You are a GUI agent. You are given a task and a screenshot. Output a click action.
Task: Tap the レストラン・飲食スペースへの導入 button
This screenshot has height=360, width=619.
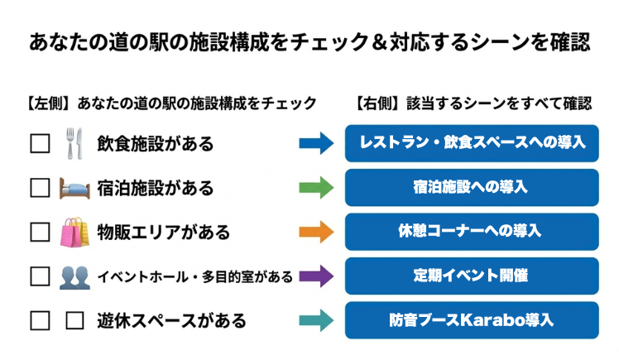tap(471, 142)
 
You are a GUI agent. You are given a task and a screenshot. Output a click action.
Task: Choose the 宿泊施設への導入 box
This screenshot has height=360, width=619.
tap(471, 187)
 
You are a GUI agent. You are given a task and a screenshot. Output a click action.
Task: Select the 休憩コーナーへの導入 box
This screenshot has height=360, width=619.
tap(471, 231)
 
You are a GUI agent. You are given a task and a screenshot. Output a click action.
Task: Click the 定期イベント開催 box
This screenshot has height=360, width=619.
tap(471, 276)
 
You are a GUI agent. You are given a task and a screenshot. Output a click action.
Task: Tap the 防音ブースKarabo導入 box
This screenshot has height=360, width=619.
tap(471, 319)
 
